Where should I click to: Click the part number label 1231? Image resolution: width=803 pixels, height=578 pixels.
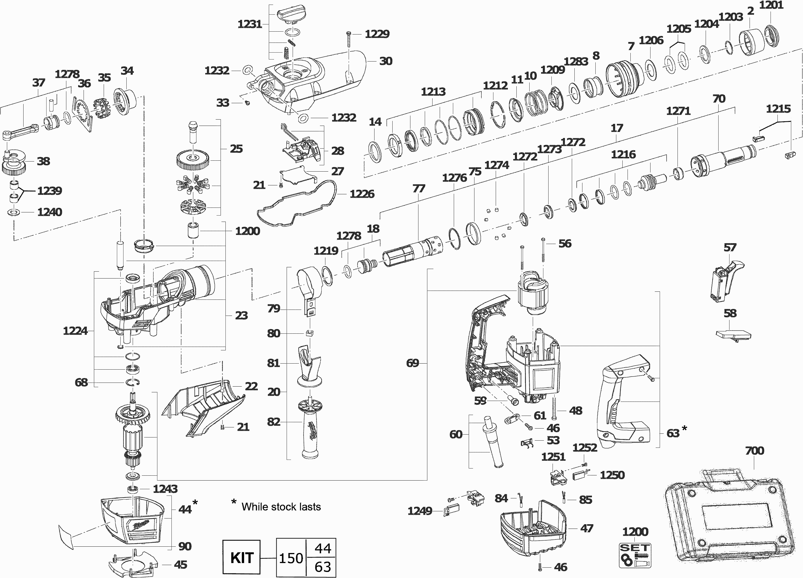(250, 24)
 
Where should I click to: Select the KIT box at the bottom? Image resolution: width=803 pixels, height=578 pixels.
(242, 557)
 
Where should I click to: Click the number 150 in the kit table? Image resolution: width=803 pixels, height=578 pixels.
(291, 558)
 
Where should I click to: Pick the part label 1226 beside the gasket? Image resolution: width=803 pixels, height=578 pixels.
(362, 194)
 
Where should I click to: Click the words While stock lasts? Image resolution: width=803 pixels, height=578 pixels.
(281, 507)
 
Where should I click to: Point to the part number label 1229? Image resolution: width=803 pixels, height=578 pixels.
(377, 34)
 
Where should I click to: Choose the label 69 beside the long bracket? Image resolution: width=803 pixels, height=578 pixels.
(412, 363)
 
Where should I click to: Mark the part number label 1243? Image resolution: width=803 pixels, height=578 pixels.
(165, 489)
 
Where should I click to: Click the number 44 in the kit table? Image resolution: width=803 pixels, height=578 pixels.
(323, 548)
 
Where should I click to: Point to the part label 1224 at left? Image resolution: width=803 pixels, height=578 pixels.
(75, 331)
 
